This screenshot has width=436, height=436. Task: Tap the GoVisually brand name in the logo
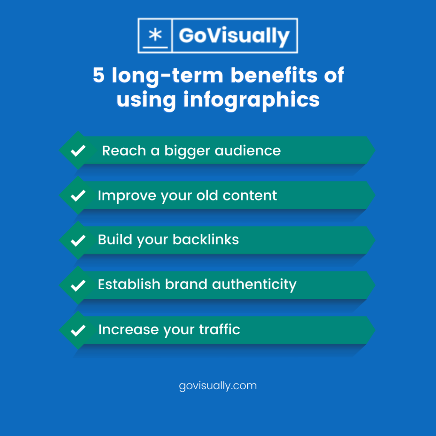point(234,36)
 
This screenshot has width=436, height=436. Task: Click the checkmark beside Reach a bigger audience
point(78,151)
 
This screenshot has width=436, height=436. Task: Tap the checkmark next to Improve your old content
point(78,196)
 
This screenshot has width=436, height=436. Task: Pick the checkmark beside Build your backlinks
point(78,241)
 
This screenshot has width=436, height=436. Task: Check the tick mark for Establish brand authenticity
point(78,285)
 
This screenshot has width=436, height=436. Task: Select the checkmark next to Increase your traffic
point(78,330)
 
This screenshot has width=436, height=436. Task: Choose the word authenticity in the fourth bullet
point(254,285)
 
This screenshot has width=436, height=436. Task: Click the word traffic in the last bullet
point(219,330)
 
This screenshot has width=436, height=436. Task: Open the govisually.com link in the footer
point(218,386)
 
